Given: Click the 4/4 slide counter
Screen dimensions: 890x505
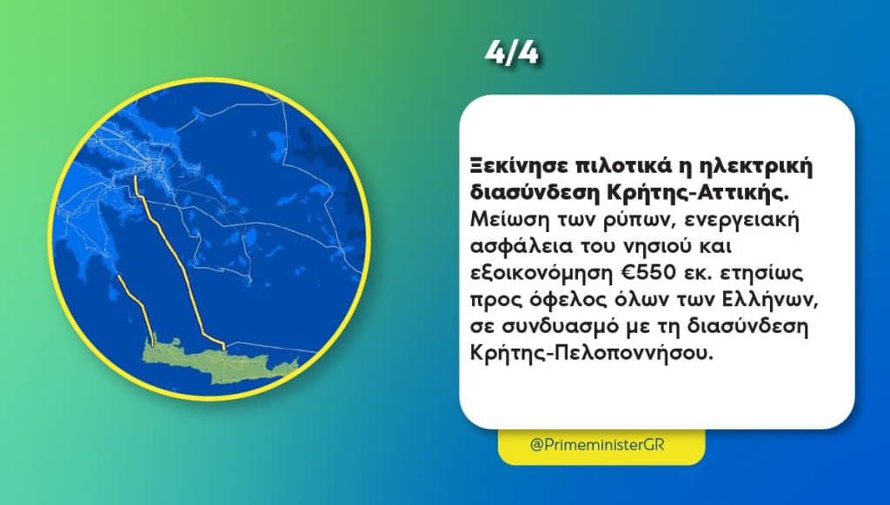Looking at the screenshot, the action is [x=511, y=53].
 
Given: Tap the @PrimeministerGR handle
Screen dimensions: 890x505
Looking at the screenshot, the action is [x=596, y=444].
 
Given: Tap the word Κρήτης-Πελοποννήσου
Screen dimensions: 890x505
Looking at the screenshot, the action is [x=590, y=353].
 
